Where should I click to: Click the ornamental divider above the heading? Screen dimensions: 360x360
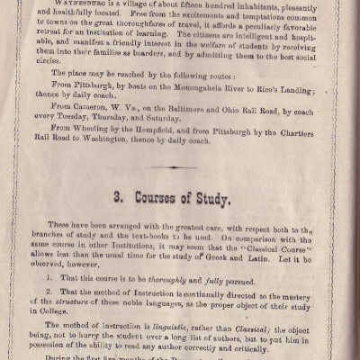(180, 191)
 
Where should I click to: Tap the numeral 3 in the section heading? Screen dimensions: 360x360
(119, 219)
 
